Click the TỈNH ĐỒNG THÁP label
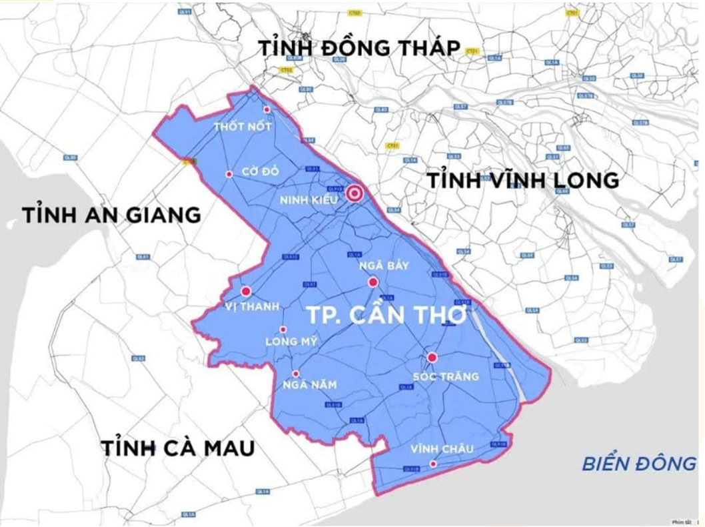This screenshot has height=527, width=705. tap(360, 49)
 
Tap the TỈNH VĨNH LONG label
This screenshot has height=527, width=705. tap(522, 180)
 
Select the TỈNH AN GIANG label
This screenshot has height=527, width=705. tap(111, 215)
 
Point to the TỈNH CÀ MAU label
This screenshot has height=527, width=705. tap(178, 448)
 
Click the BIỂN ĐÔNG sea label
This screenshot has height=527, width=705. tap(638, 463)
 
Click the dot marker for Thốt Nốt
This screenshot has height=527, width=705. tap(267, 110)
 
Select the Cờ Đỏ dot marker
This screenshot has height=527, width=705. tap(229, 174)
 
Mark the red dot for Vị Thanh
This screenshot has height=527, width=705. tap(246, 292)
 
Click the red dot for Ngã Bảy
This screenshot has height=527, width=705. tap(373, 282)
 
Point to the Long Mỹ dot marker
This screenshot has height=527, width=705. tap(283, 330)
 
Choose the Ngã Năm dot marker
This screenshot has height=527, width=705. tap(296, 374)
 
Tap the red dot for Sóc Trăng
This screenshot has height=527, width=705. tap(432, 358)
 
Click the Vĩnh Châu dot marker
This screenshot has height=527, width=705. tap(433, 464)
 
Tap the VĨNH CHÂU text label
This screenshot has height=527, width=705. tap(442, 449)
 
